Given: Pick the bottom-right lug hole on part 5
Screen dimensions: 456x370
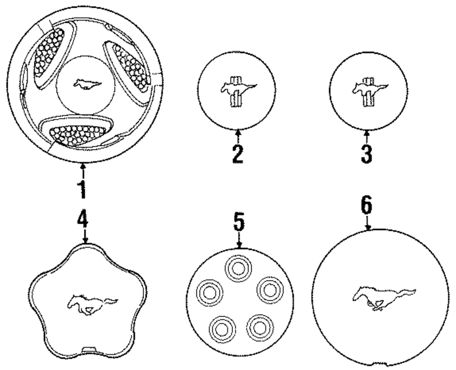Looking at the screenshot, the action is (258, 326).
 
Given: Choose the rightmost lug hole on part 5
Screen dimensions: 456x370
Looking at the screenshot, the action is (268, 288).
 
